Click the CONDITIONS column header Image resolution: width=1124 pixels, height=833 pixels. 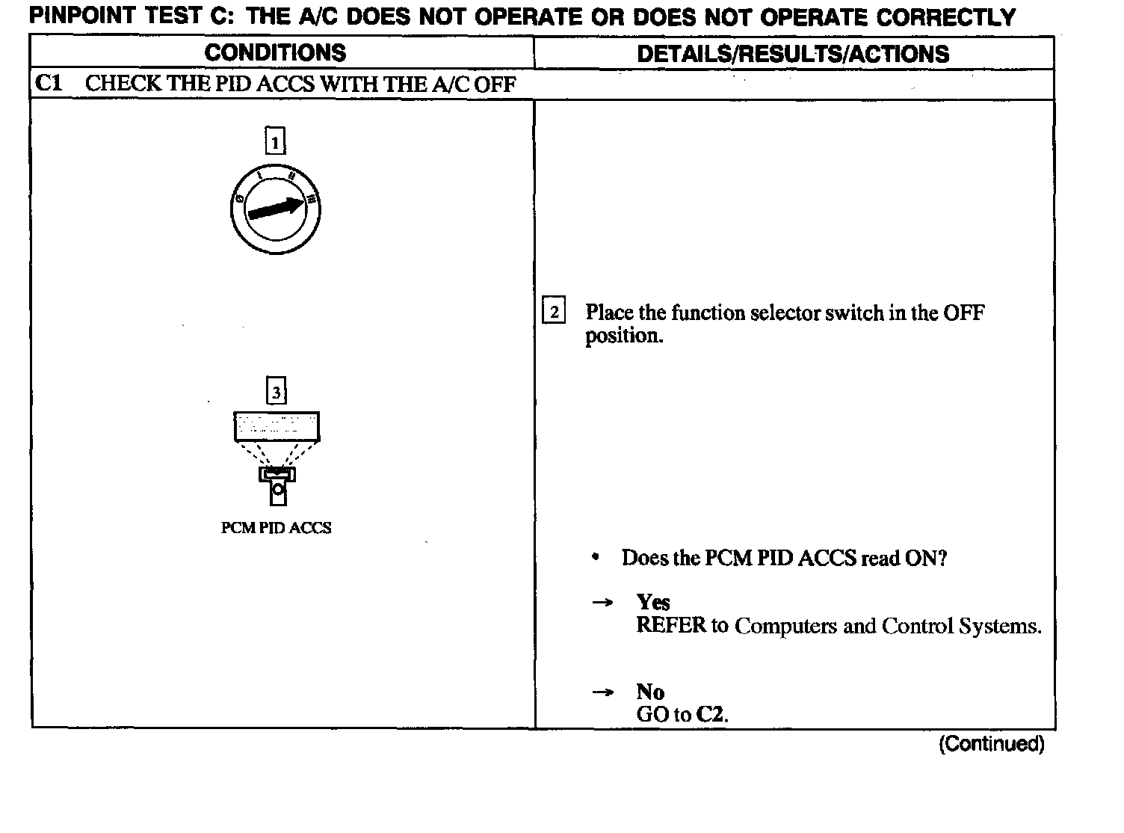[275, 53]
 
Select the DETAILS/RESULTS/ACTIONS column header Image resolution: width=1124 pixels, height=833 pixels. [793, 54]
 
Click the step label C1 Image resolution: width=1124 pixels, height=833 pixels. [48, 83]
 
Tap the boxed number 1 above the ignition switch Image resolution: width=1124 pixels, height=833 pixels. [276, 141]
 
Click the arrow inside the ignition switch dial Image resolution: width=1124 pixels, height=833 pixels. [276, 209]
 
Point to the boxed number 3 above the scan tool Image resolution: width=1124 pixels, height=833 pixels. [277, 391]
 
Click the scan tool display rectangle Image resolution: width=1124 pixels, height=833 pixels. [277, 426]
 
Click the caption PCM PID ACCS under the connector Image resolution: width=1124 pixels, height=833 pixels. [276, 528]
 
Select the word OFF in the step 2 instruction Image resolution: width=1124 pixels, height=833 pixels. [963, 313]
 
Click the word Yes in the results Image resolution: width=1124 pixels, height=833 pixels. [653, 603]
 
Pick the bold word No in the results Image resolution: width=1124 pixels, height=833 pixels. [650, 692]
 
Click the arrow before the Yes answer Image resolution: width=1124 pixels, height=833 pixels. [602, 603]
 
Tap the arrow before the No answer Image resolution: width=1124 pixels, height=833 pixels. [602, 692]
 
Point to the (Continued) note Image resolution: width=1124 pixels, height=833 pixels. [991, 744]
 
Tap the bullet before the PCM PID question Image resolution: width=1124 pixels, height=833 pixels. [595, 558]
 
